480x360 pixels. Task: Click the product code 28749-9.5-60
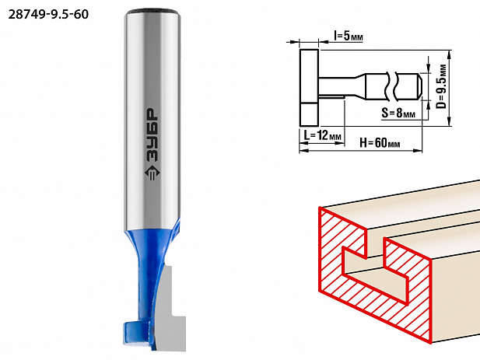pos(48,14)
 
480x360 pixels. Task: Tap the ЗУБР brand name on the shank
pos(152,135)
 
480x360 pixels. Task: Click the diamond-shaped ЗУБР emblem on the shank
pos(152,173)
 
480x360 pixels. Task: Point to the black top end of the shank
pos(152,12)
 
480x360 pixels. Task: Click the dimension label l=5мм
pos(349,37)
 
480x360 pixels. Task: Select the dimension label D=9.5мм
pos(441,86)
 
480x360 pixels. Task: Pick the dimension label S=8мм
pos(398,114)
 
